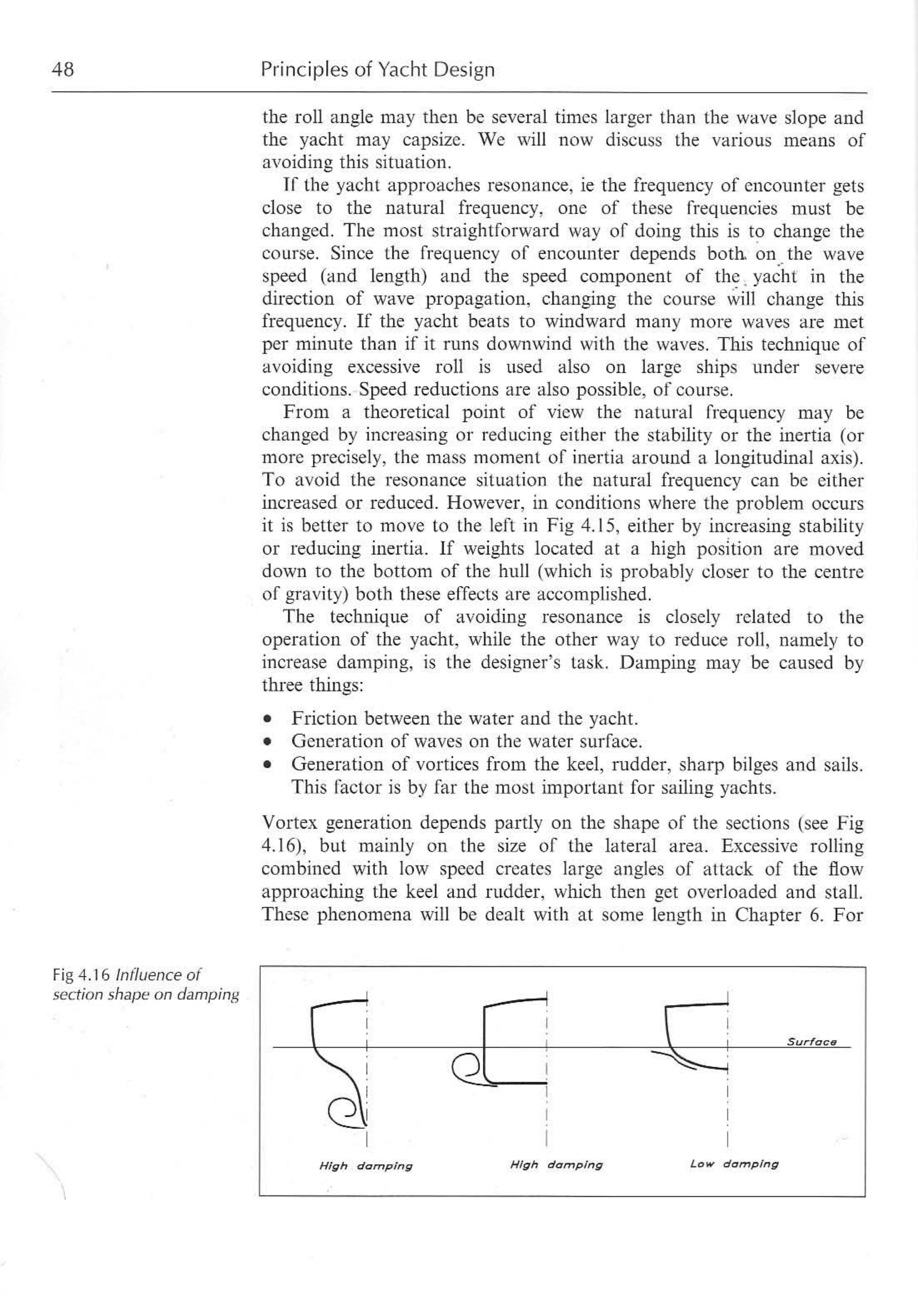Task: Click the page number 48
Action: click(63, 70)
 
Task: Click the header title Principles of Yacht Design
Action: click(378, 70)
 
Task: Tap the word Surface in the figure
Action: click(811, 1042)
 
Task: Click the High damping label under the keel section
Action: click(366, 1166)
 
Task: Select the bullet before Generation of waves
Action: click(267, 742)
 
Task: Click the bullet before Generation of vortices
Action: click(267, 766)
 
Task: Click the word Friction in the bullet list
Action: click(324, 719)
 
